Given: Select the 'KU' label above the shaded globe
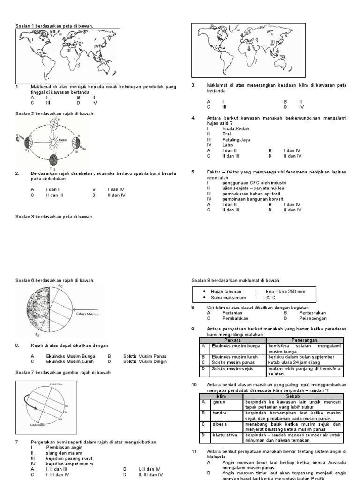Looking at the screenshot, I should click(x=60, y=286).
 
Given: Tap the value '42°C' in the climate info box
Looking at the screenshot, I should click(x=271, y=297).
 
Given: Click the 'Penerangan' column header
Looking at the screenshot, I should click(x=305, y=340).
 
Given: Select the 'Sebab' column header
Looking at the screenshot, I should click(x=292, y=396).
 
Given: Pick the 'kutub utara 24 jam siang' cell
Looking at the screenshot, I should click(x=294, y=363).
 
